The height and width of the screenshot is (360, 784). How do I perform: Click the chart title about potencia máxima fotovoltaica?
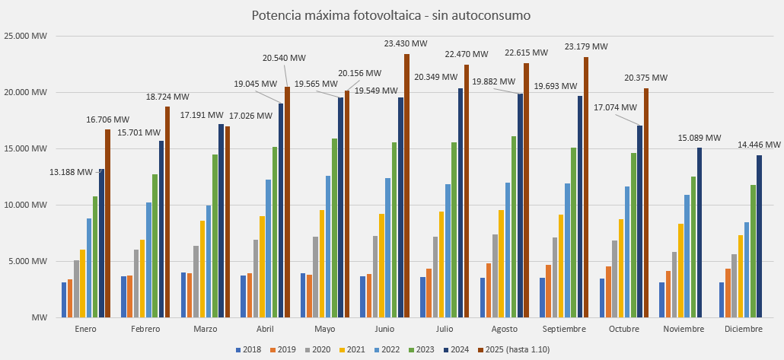391,15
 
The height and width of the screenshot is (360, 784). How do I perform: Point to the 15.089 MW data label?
699,139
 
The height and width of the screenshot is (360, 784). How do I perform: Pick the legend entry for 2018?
248,349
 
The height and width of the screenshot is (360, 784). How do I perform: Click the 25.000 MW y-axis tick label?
26,36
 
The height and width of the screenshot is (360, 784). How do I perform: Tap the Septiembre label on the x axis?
564,329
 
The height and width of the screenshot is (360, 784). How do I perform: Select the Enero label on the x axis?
85,329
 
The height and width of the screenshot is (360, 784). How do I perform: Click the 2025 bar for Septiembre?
586,186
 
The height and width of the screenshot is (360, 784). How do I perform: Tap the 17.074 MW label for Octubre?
616,108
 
